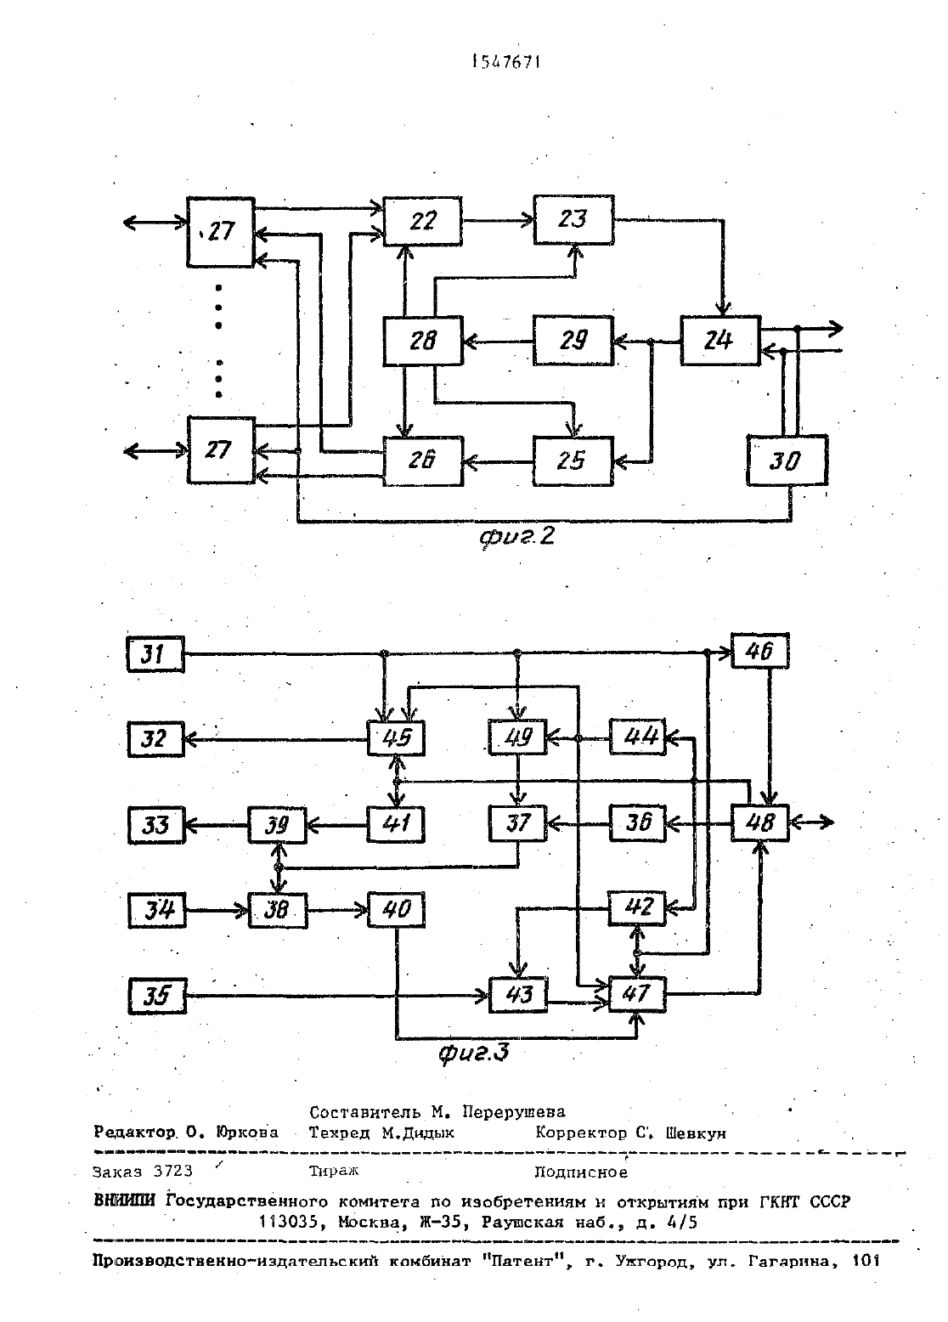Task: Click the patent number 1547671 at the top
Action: coord(506,62)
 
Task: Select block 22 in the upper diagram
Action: coord(422,221)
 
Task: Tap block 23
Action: coord(573,219)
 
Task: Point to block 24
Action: coord(720,341)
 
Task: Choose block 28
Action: coord(422,341)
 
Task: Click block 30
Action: coord(787,460)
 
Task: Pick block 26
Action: coord(423,461)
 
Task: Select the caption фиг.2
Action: coord(516,536)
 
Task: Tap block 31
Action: coord(155,654)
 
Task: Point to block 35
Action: coord(157,997)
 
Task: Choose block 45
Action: coord(396,737)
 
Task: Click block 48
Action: coord(759,822)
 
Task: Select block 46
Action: coord(759,651)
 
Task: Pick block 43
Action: coord(518,996)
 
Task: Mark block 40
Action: coord(396,910)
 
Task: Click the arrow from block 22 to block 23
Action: coord(498,221)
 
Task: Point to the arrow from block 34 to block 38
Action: coord(217,911)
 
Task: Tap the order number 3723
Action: coord(172,1171)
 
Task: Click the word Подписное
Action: coord(581,1172)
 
